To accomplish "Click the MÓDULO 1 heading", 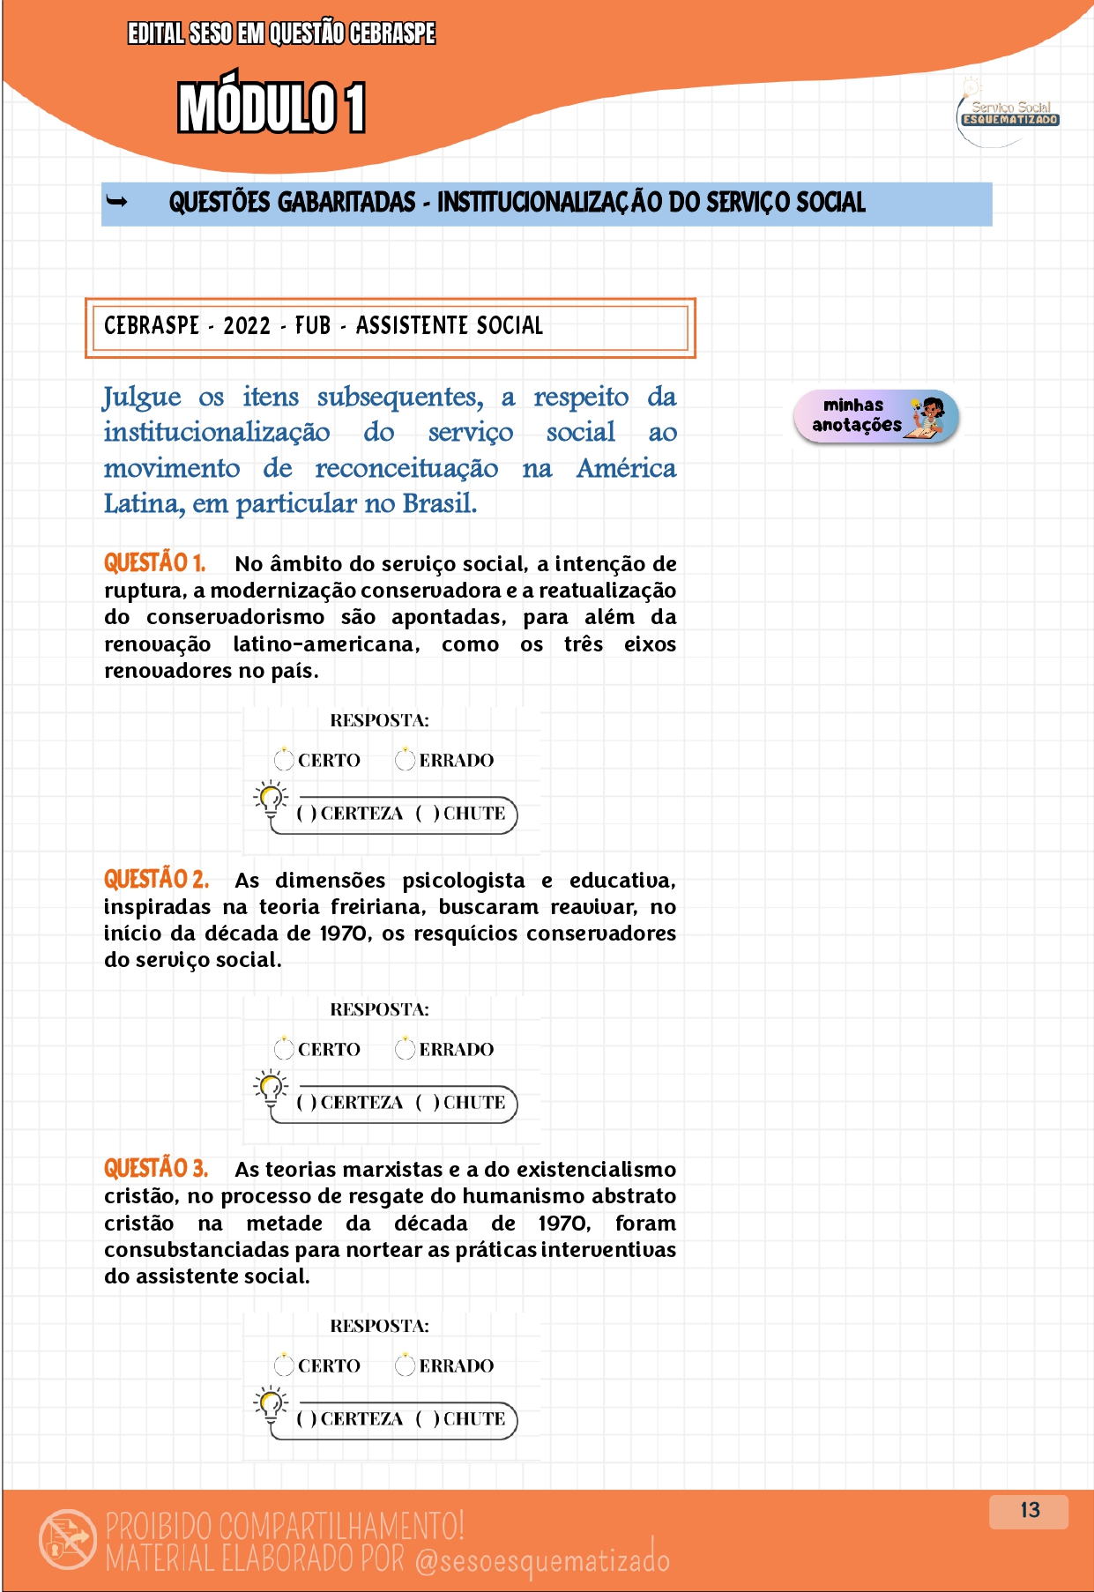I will click(x=272, y=108).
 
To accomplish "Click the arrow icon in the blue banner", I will click(x=116, y=202).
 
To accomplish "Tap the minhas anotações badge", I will click(x=874, y=416).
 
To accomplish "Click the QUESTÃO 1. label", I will click(x=154, y=562).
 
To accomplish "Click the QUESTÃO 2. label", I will click(x=156, y=879).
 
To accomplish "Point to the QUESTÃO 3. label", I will click(x=156, y=1168).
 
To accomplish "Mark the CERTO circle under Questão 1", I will click(x=284, y=759).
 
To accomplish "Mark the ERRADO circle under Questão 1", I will click(x=405, y=759).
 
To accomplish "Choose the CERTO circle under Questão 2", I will click(x=284, y=1048).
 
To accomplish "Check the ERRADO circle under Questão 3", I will click(x=405, y=1365).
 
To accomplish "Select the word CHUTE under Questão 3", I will click(x=474, y=1418).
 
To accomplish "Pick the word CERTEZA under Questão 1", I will click(x=361, y=813).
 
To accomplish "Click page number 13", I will click(x=1029, y=1510).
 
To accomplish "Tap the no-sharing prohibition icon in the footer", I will click(x=68, y=1539).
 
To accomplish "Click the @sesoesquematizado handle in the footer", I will click(x=542, y=1559).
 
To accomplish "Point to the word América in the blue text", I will click(x=626, y=468).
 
